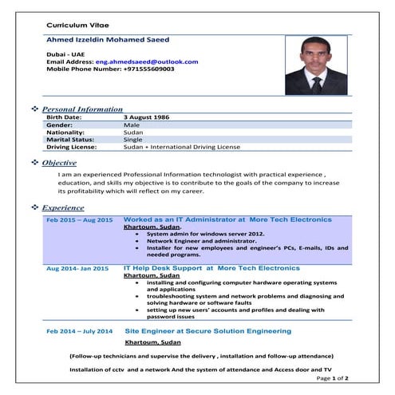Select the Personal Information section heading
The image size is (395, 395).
(x=82, y=109)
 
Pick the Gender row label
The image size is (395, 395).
(x=60, y=125)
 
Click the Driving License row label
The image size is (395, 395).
(x=72, y=147)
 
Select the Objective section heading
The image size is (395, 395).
(x=59, y=162)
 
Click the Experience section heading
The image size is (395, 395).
(x=63, y=207)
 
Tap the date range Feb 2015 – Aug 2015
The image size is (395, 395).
(x=79, y=219)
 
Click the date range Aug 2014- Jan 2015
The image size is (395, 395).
(x=77, y=269)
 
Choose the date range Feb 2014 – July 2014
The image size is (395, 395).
(x=79, y=330)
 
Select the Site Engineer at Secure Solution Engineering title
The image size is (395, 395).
(x=207, y=330)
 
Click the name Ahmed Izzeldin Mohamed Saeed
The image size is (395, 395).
(x=108, y=39)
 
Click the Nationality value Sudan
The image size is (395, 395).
(x=133, y=132)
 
